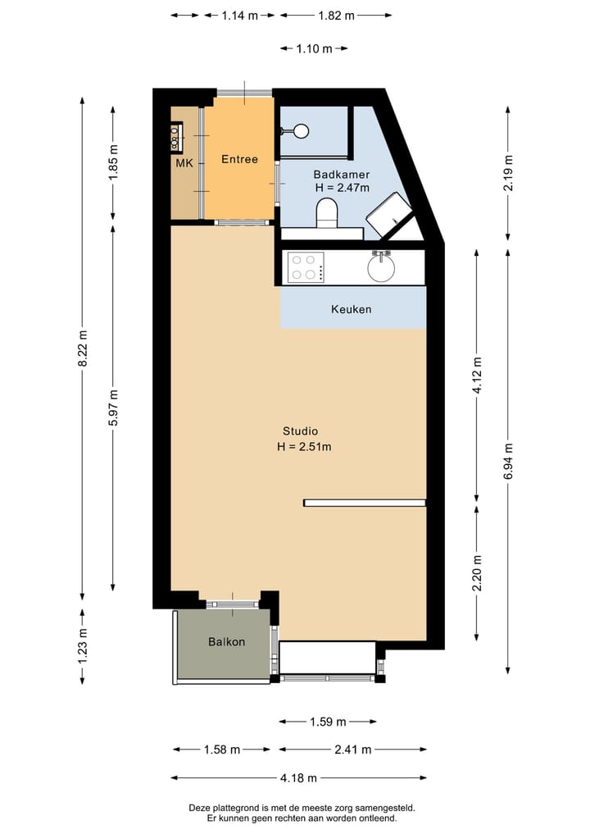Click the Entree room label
tap(239, 159)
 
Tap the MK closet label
tap(184, 163)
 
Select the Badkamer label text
tap(342, 174)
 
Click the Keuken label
tap(351, 309)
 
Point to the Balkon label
tap(226, 641)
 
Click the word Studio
tap(300, 431)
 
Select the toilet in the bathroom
tap(327, 214)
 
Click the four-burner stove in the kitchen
tap(305, 267)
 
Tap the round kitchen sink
tap(381, 267)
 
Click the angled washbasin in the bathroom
tap(388, 214)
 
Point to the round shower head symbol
tap(301, 130)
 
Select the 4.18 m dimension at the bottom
tap(298, 777)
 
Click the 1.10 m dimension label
tap(315, 48)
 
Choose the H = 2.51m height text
tap(303, 447)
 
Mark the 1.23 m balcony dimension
tap(82, 645)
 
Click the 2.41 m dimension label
tap(353, 749)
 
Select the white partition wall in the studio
tap(365, 503)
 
